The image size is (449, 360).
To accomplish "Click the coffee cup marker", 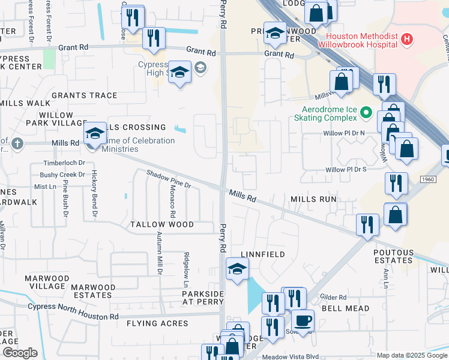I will tap(303, 320).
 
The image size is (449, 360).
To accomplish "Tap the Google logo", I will tap(20, 353).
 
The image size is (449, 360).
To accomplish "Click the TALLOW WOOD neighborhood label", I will tap(162, 224).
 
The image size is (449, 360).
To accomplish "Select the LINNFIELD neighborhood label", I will tap(263, 255).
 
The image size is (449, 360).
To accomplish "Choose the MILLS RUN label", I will tap(313, 199).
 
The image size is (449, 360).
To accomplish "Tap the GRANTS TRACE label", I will tap(84, 95).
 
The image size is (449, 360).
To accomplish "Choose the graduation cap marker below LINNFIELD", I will tap(237, 269).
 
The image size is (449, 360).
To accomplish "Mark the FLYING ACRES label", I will tap(157, 323).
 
